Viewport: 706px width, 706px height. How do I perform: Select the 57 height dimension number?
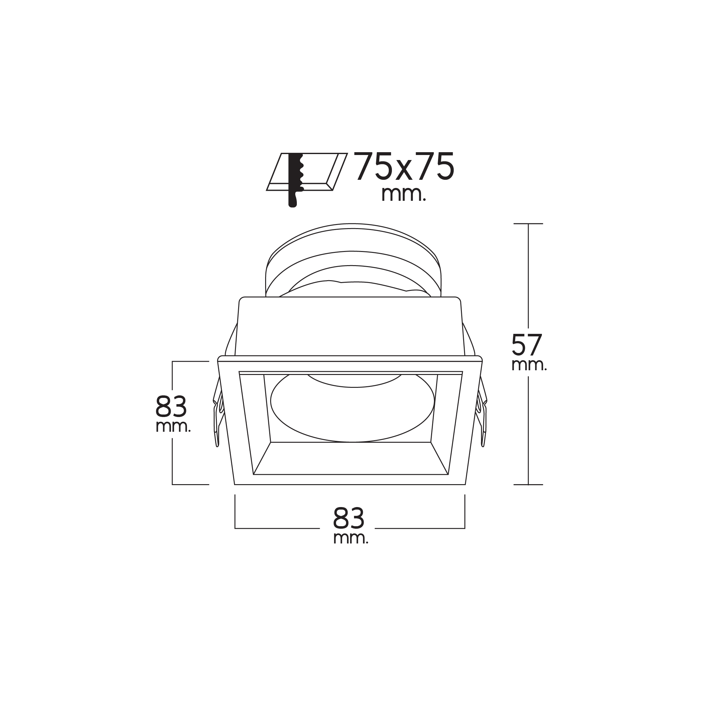tap(527, 345)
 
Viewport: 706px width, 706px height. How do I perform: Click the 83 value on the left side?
tap(171, 406)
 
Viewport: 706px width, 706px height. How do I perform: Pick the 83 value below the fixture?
tap(349, 518)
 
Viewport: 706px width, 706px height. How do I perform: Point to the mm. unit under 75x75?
tap(404, 195)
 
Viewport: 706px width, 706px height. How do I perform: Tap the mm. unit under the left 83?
tap(173, 427)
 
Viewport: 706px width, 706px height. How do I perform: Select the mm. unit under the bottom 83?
tap(351, 538)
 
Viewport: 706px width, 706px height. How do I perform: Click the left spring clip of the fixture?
tap(218, 413)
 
